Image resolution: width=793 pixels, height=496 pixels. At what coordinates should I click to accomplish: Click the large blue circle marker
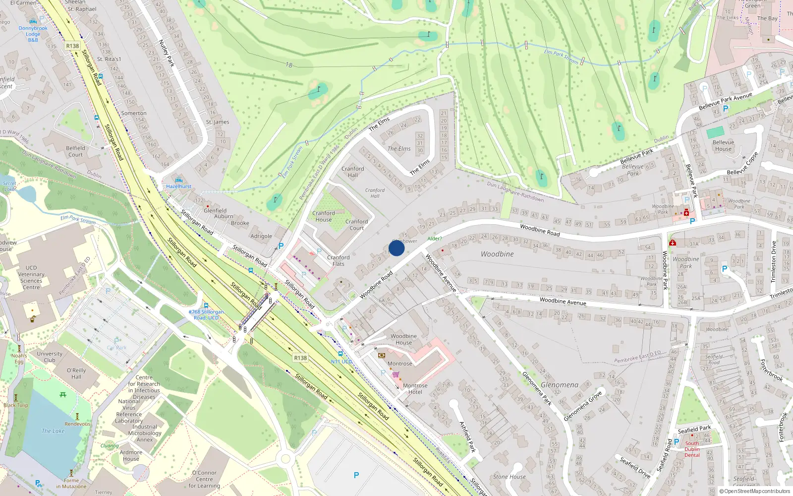[396, 248]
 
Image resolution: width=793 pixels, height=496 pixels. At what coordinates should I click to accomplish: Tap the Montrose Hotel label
[415, 389]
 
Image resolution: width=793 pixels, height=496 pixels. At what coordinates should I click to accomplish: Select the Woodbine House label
[403, 339]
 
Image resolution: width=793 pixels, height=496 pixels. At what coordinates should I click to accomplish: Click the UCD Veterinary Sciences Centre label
[31, 277]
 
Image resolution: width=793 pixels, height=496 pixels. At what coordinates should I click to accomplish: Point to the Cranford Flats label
[338, 260]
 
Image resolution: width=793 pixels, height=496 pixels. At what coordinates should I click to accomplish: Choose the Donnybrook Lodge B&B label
[33, 34]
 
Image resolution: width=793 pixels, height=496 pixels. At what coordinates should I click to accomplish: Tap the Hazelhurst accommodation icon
[179, 180]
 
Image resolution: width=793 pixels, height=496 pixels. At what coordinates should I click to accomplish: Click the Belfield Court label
[75, 151]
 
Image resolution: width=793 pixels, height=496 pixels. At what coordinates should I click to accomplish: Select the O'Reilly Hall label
[76, 373]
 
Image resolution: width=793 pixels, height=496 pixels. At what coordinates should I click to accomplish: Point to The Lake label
[53, 431]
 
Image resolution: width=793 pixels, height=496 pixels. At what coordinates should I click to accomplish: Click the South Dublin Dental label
[692, 449]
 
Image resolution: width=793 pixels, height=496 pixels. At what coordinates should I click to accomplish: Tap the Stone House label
[509, 477]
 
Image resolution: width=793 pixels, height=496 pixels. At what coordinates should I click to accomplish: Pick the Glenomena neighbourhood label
[560, 385]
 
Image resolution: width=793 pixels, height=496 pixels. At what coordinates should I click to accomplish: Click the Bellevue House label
[723, 145]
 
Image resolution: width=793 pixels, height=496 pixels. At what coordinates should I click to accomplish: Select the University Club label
[50, 357]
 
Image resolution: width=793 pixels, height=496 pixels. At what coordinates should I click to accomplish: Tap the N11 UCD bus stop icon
[340, 354]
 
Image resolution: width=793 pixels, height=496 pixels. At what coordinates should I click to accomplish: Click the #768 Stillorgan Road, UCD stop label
[206, 315]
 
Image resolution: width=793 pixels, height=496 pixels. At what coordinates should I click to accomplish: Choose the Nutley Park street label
[167, 53]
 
